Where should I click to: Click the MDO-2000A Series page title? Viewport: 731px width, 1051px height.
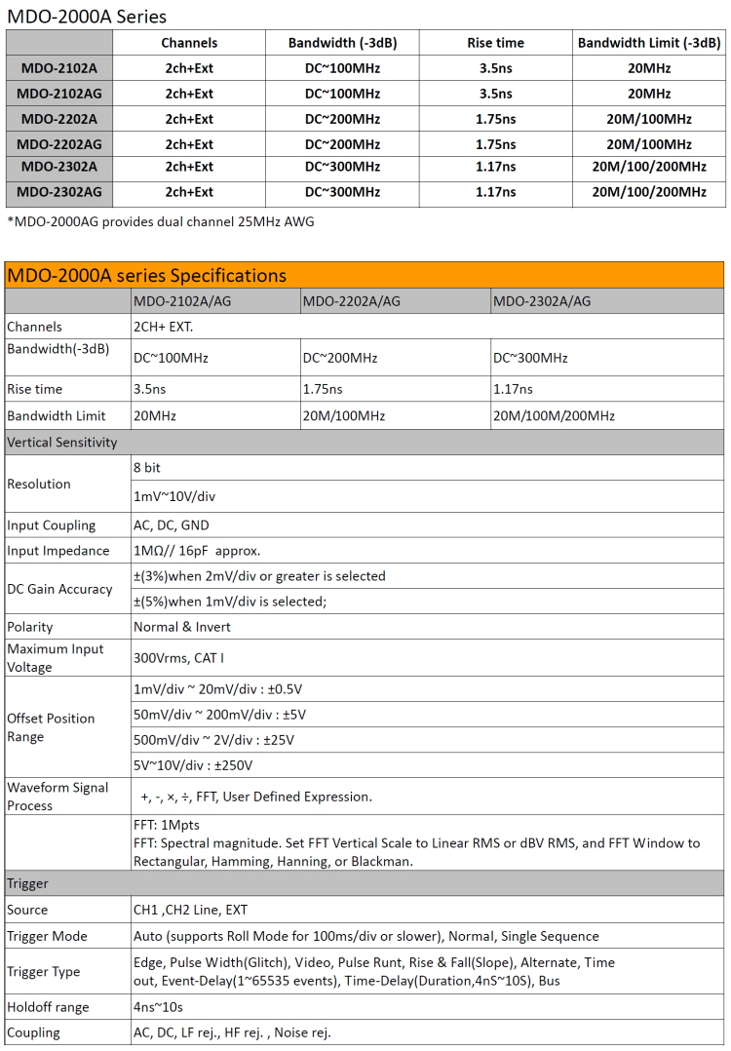[x=87, y=16]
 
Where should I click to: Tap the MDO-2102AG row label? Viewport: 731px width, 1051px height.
[x=59, y=94]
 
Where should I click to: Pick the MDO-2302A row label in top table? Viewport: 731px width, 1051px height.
[x=59, y=167]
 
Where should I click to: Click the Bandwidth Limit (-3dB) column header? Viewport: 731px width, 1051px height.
[x=648, y=43]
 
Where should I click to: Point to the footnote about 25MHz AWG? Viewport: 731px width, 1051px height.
[x=161, y=221]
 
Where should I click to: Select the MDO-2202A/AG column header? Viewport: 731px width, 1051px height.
[x=352, y=301]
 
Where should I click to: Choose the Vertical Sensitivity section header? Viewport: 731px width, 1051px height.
[x=62, y=442]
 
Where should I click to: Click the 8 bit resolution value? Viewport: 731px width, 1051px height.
[x=147, y=468]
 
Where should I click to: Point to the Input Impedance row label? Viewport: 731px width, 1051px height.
[x=58, y=551]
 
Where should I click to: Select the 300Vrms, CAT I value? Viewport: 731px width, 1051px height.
[x=178, y=658]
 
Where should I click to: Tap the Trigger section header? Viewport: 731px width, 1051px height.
[x=28, y=883]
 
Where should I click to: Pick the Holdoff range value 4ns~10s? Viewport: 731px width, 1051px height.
[x=159, y=1007]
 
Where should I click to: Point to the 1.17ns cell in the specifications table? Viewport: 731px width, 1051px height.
[x=514, y=389]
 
